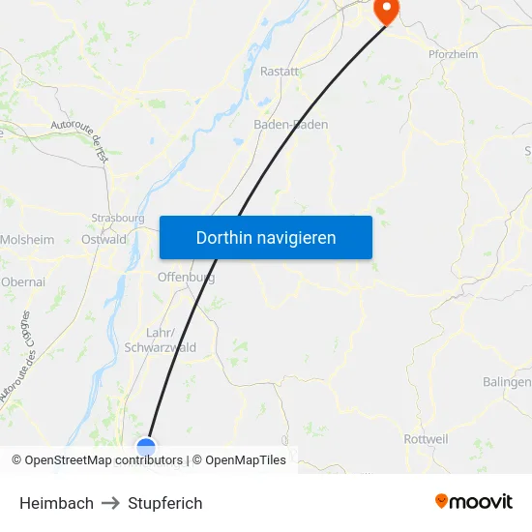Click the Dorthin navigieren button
point(265,237)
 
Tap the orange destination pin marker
point(386,11)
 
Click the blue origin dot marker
point(146,447)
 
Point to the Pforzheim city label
point(453,54)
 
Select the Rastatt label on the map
point(280,71)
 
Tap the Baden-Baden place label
point(290,125)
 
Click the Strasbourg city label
point(117,218)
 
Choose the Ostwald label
point(103,239)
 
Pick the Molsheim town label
point(27,239)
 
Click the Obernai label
point(23,281)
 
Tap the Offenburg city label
point(186,278)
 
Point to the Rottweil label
point(425,439)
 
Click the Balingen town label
point(509,382)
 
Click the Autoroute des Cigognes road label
point(17,358)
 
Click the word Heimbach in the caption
point(56,503)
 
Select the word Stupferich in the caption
point(165,503)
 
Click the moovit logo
point(474,501)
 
